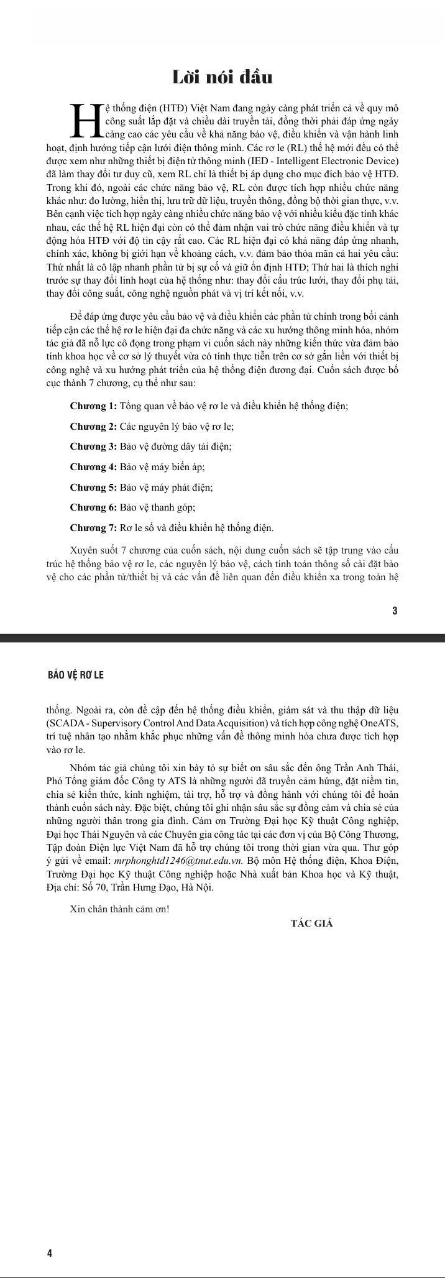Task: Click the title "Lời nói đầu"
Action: pos(222,77)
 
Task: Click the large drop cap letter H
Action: pos(87,120)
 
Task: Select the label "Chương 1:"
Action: pos(93,406)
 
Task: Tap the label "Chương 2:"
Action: pos(93,427)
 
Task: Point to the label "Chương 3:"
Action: pos(93,447)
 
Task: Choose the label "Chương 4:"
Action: pos(93,467)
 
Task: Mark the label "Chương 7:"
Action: pos(93,528)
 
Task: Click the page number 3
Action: pos(395,611)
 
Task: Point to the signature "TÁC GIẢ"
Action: pos(312,923)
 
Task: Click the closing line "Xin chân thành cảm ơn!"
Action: pos(119,909)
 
